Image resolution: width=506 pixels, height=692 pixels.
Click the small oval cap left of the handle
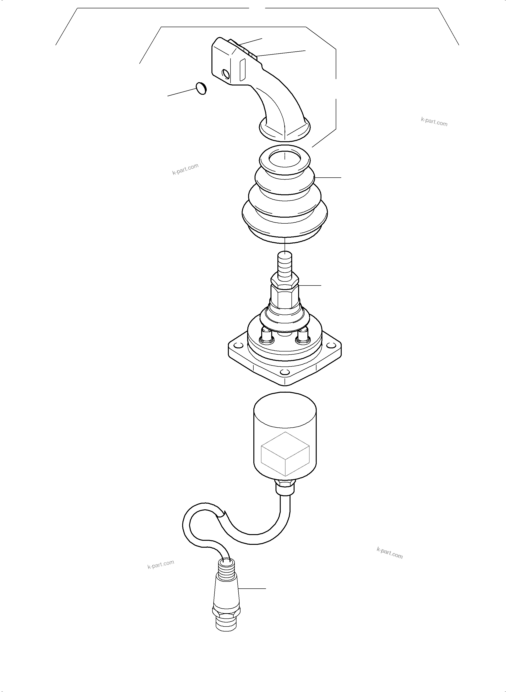click(201, 89)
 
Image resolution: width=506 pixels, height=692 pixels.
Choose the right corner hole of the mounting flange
click(331, 346)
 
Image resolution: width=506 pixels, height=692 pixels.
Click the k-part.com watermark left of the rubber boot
click(185, 169)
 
